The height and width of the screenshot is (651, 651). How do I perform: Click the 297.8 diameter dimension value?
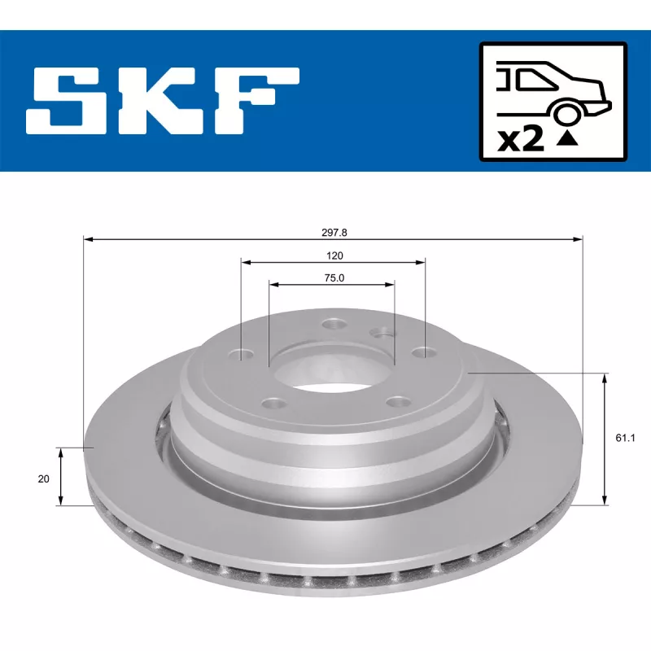[x=334, y=232]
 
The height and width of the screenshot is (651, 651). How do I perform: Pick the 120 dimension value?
[x=334, y=255]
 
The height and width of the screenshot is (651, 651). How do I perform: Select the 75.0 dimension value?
[x=334, y=277]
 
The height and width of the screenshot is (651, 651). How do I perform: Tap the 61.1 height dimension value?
[x=624, y=438]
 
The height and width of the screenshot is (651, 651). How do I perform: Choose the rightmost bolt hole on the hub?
[x=421, y=352]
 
